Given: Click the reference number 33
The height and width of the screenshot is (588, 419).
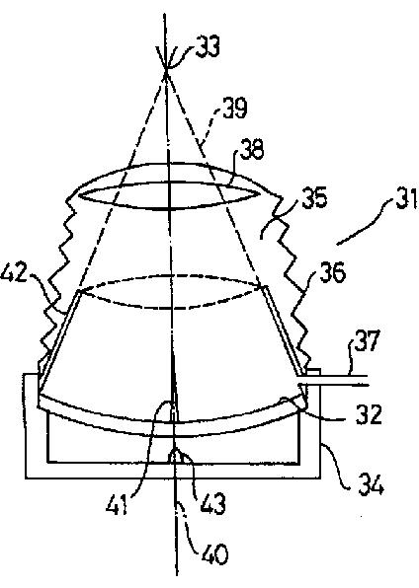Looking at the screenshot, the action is click(x=208, y=46).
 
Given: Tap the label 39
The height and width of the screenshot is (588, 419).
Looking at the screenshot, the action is click(x=234, y=108).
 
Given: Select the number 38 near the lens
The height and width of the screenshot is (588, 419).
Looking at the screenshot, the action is click(x=252, y=149).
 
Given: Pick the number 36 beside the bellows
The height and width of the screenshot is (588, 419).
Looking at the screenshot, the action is click(x=332, y=272).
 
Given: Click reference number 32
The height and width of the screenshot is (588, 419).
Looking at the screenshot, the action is click(x=369, y=414).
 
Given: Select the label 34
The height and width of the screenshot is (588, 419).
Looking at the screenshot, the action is click(x=371, y=483).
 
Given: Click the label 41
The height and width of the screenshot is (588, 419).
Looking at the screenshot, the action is click(x=118, y=504).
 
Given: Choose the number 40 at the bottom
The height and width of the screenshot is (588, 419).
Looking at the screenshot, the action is click(x=215, y=553).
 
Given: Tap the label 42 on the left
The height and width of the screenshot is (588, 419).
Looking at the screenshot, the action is click(x=14, y=273).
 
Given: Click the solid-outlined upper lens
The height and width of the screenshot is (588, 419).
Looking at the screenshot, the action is click(x=170, y=195).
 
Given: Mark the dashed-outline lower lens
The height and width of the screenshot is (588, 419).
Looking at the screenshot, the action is click(x=170, y=292).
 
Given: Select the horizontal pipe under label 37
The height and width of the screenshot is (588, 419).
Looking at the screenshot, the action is click(x=333, y=380).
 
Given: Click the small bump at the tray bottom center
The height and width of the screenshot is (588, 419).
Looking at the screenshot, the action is click(x=174, y=456).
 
